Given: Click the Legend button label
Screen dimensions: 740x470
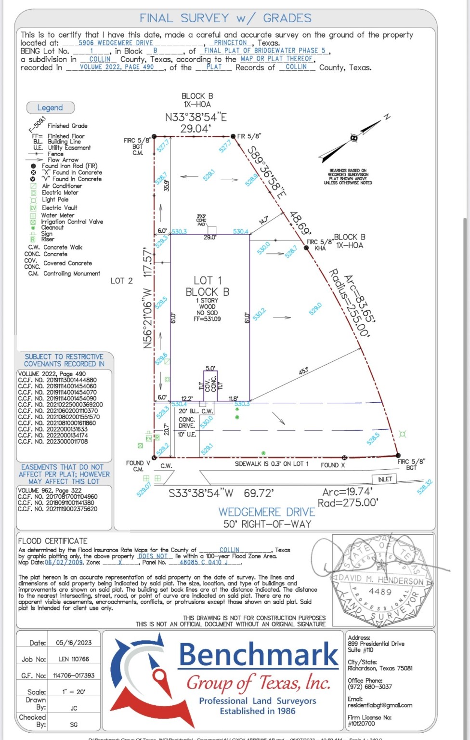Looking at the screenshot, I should (x=50, y=108).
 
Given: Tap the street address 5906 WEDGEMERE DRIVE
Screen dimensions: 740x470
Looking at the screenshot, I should (x=116, y=43).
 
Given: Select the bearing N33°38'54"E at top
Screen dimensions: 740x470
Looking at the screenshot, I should (x=196, y=117).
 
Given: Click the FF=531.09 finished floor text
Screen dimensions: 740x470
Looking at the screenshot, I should (x=207, y=319).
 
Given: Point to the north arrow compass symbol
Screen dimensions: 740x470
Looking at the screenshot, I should (x=354, y=138).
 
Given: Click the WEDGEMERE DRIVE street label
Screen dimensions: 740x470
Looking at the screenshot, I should (x=267, y=512).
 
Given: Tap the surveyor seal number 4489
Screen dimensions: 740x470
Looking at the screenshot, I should (x=380, y=592).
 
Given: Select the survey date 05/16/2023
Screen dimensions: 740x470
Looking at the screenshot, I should (x=73, y=643).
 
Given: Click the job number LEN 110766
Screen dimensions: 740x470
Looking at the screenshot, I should (x=74, y=659).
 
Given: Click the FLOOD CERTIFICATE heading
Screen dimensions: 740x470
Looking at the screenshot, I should (x=53, y=541).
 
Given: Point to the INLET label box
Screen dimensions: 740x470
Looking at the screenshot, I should (x=385, y=479).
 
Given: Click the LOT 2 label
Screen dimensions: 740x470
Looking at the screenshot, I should (x=121, y=281).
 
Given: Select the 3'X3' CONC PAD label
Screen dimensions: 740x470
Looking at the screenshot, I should (x=201, y=221).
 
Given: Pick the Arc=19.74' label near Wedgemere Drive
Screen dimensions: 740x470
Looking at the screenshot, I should (x=347, y=492).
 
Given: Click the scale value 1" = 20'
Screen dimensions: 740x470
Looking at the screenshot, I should (x=73, y=692).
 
